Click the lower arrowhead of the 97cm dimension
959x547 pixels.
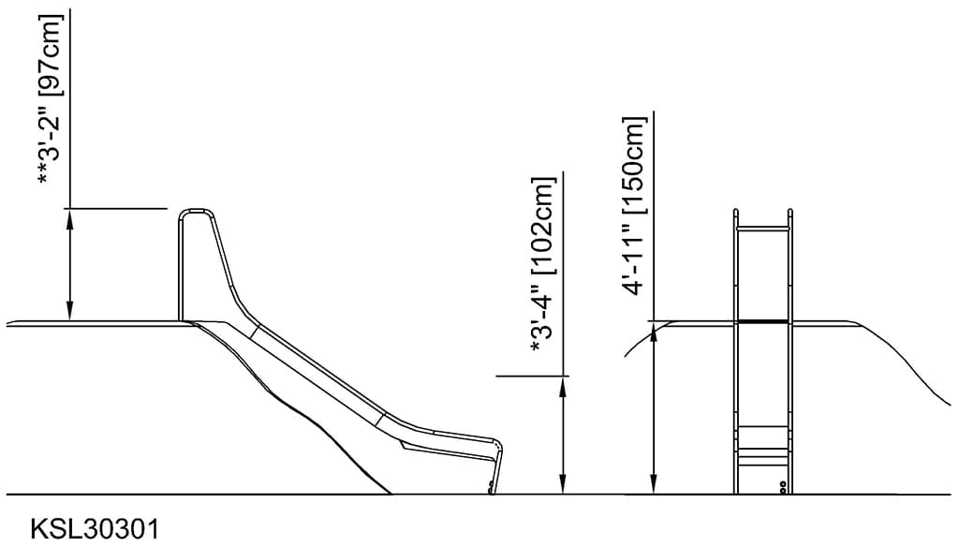click(x=69, y=315)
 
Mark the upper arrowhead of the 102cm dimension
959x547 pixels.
click(x=562, y=383)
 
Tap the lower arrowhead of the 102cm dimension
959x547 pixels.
click(x=562, y=487)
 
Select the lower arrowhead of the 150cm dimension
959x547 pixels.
click(x=654, y=487)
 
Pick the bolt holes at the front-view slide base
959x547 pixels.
click(x=783, y=487)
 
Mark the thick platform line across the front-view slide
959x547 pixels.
click(x=763, y=321)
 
